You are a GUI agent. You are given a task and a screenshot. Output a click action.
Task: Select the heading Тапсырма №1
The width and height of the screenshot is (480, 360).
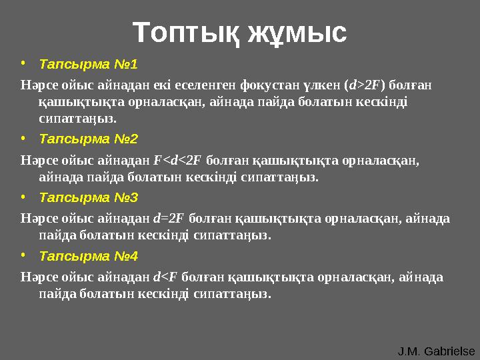[88, 65]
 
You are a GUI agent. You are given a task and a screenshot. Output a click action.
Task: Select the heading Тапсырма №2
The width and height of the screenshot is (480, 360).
[88, 139]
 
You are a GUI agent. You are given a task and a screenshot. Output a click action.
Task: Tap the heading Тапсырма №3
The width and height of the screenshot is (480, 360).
[88, 197]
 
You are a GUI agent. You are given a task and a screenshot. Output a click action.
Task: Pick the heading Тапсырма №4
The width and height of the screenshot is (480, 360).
[88, 256]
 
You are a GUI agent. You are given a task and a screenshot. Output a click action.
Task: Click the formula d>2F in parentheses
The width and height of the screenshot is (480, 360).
[365, 85]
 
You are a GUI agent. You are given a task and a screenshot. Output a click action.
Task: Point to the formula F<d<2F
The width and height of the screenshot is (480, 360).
[177, 160]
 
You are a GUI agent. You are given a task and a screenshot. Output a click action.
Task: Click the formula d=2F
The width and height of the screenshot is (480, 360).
[169, 218]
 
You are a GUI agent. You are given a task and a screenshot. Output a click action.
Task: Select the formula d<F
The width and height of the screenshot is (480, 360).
[165, 277]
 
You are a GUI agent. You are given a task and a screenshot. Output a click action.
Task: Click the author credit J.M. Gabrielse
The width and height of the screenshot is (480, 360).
[436, 351]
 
